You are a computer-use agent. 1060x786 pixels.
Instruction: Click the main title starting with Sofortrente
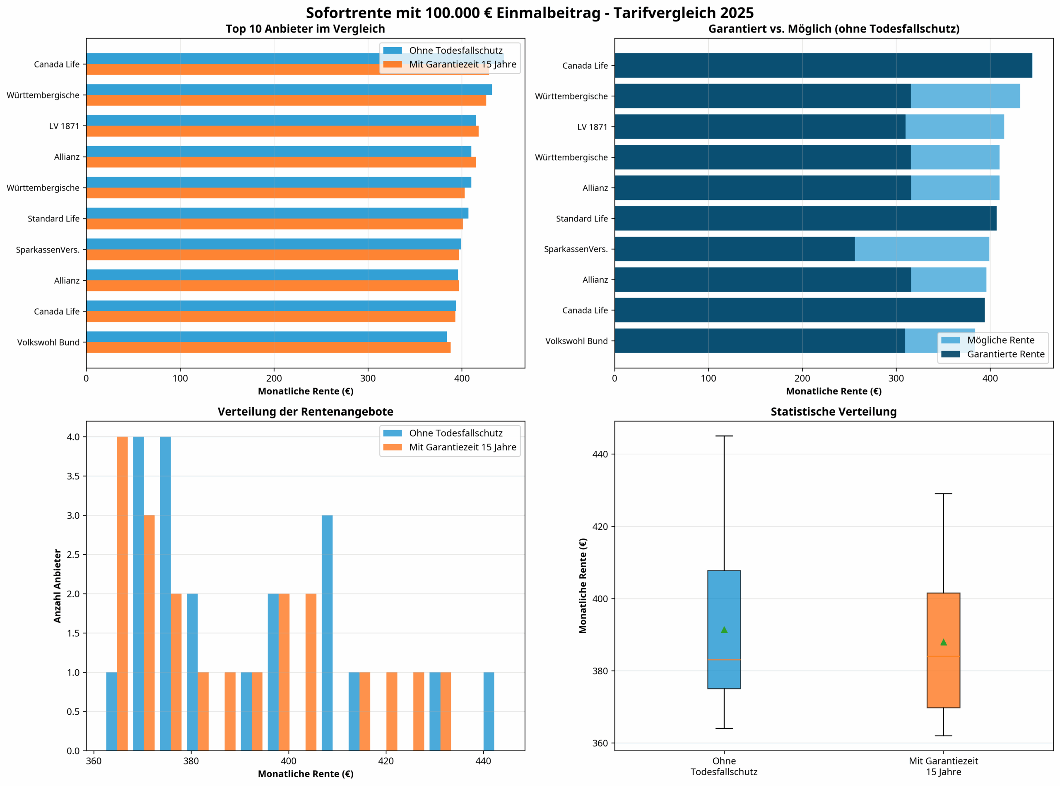click(x=529, y=13)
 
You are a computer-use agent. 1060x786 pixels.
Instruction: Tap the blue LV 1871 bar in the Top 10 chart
click(x=281, y=120)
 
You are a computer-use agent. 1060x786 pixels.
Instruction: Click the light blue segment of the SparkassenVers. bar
click(x=921, y=249)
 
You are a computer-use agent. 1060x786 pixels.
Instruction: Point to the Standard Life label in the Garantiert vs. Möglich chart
click(x=582, y=219)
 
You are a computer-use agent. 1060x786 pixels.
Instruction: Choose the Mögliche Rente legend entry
click(x=1000, y=340)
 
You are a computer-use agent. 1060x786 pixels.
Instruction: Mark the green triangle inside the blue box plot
click(x=724, y=630)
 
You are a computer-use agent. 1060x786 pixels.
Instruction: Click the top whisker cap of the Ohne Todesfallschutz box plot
click(x=724, y=436)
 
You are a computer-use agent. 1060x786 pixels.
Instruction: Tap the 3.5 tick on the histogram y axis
click(x=73, y=476)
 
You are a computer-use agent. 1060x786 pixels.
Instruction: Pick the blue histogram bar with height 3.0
click(x=327, y=633)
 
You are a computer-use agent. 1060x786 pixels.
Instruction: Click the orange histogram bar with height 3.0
click(x=149, y=633)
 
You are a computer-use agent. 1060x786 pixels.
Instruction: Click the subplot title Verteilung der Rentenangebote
click(x=305, y=411)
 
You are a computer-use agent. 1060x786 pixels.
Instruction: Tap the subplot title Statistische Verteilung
click(x=833, y=411)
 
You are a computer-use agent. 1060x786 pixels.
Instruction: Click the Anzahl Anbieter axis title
click(x=58, y=586)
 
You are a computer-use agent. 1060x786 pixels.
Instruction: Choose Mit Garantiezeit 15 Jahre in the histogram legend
click(x=462, y=447)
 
